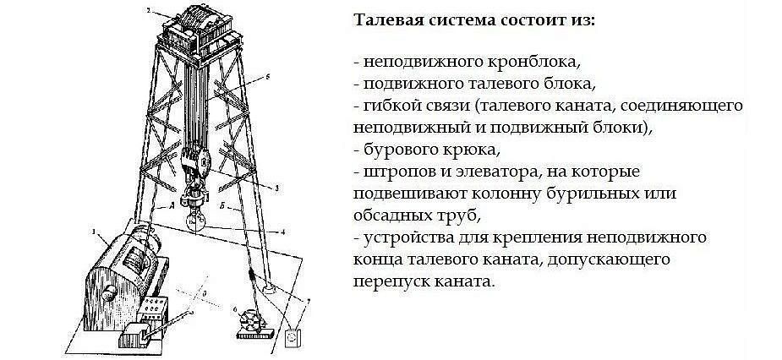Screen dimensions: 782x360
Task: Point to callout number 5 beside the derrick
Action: click(267, 76)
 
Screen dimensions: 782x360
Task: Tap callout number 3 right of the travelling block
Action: click(276, 188)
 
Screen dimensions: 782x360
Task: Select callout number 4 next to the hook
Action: click(282, 232)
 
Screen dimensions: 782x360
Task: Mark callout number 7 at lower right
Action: click(308, 301)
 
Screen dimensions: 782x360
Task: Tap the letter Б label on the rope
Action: click(221, 205)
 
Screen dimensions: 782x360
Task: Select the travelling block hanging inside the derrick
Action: click(197, 165)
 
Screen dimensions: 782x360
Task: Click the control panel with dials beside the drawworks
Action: click(154, 310)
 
